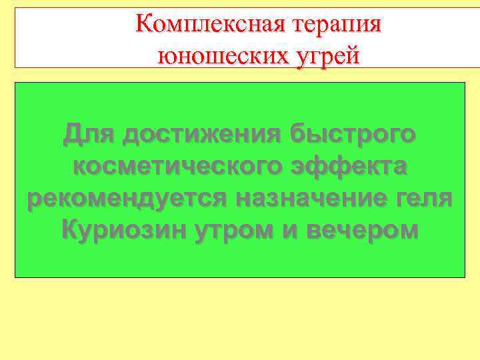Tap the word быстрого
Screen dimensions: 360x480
point(354,134)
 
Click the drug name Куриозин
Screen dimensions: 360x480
point(126,230)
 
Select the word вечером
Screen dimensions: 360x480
point(364,230)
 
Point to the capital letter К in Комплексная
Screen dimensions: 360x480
point(142,25)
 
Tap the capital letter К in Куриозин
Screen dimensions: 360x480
point(70,230)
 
